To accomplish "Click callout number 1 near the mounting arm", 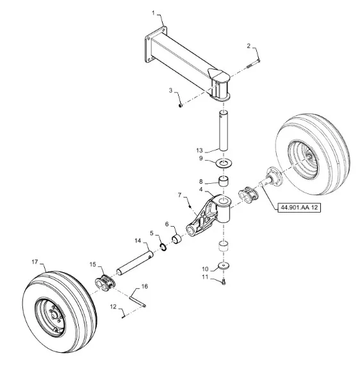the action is [x=153, y=13].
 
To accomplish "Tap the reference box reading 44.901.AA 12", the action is [x=299, y=207].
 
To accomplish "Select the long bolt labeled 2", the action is [x=253, y=64].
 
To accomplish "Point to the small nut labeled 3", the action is [x=180, y=106].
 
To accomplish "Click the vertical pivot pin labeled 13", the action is [x=224, y=131].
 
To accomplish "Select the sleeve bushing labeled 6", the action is [x=177, y=239].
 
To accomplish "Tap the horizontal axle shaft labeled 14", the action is [x=135, y=263].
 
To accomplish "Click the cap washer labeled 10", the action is [x=224, y=265].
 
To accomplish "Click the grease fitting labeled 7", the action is [x=190, y=206].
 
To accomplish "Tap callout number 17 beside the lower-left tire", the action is [x=35, y=262].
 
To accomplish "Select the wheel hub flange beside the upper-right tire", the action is [x=274, y=177].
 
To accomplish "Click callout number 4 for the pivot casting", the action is [x=201, y=190].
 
